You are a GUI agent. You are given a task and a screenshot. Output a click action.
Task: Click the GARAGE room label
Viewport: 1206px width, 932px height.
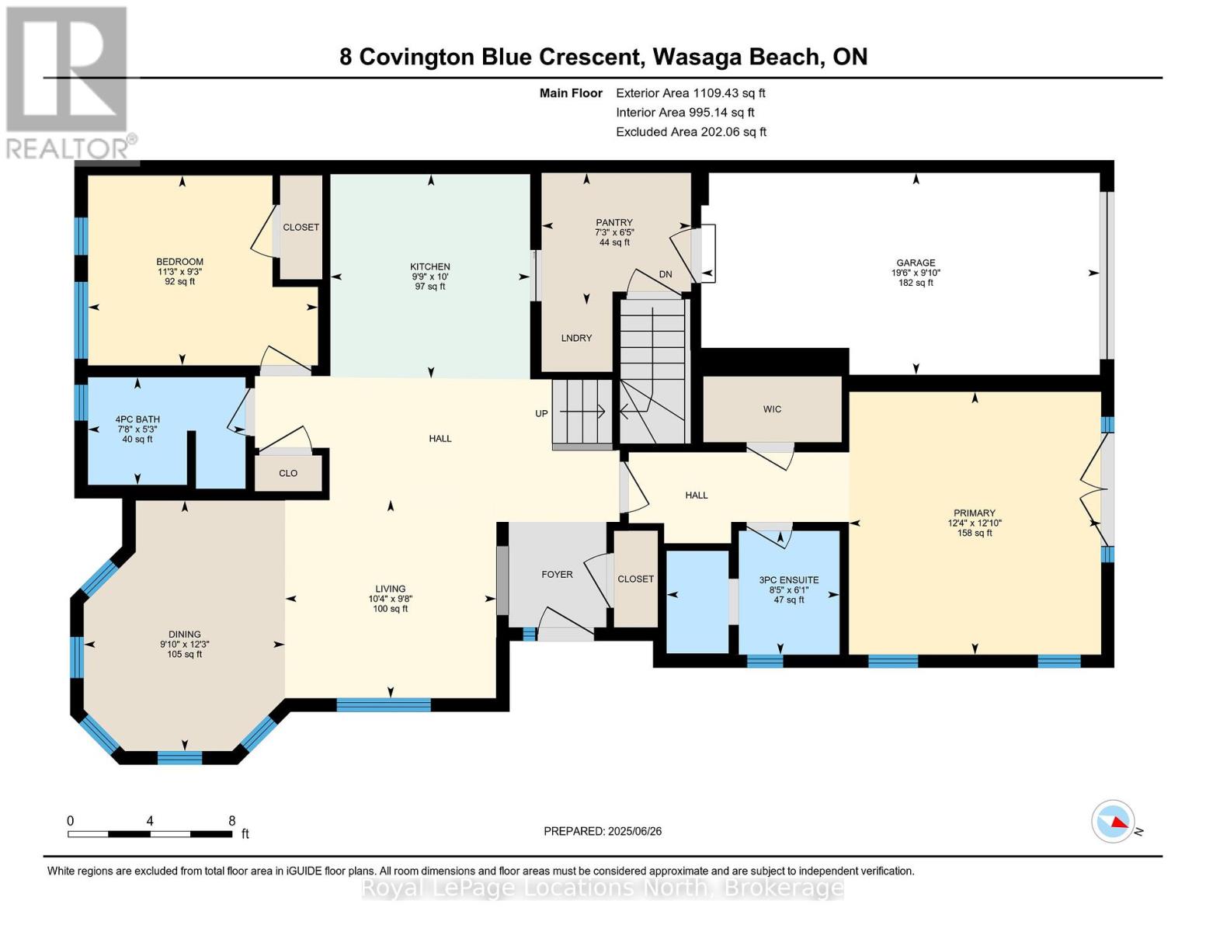tap(916, 263)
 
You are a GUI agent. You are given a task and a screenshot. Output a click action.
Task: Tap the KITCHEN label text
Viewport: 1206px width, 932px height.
tap(430, 266)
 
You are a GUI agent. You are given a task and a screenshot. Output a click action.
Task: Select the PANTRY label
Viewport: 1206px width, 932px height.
tap(613, 222)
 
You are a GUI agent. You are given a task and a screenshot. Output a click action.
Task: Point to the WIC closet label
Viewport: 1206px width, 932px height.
tap(772, 409)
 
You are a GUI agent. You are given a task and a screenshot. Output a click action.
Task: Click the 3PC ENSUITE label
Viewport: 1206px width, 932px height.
tap(789, 580)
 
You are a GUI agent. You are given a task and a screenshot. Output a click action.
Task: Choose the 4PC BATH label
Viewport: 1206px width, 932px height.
tap(137, 419)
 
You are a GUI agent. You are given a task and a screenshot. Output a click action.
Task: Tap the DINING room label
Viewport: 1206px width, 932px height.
tap(185, 634)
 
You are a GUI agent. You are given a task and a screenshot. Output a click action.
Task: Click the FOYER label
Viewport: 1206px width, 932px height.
tap(558, 575)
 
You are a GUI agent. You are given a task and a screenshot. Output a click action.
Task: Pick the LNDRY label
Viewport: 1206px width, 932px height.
tap(577, 338)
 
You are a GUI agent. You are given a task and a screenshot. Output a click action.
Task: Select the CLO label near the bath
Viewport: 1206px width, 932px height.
tap(288, 473)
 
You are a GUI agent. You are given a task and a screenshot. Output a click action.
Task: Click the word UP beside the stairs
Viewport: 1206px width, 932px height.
tap(541, 413)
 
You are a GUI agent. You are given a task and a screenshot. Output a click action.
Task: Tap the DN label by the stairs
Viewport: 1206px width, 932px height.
tap(666, 274)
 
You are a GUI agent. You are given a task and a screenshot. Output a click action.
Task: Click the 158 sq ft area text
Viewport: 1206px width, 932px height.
tap(975, 533)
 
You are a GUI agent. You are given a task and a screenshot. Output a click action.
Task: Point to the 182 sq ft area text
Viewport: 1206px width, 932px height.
tap(916, 283)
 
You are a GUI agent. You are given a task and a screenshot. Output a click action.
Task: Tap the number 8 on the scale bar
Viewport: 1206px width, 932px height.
tap(232, 820)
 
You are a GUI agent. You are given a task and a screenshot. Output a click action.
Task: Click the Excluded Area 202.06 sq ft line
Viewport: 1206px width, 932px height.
tap(691, 131)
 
